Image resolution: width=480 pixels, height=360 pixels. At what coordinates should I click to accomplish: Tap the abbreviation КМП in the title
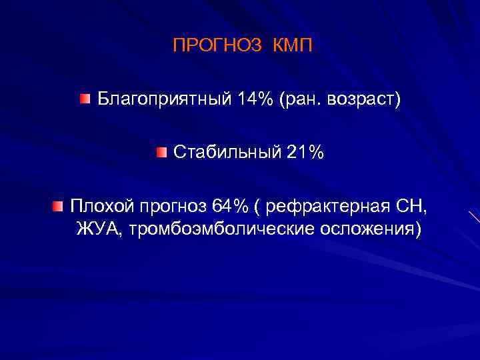click(292, 46)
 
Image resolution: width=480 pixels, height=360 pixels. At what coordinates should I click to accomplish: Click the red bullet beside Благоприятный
click(83, 100)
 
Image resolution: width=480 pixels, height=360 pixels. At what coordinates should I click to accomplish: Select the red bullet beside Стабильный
click(161, 152)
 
